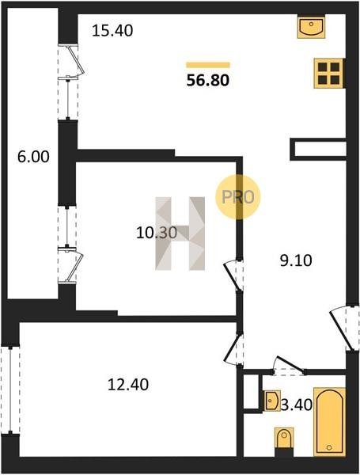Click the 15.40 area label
click(x=112, y=31)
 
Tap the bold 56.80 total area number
click(x=208, y=80)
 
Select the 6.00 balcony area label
click(x=33, y=157)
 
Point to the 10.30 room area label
click(x=157, y=233)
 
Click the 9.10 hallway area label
click(x=296, y=260)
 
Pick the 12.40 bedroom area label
click(x=128, y=385)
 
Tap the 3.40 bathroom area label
click(x=297, y=405)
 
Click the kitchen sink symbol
click(x=311, y=27)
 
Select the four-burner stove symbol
click(x=328, y=74)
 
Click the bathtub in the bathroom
click(x=329, y=421)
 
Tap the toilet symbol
click(x=284, y=438)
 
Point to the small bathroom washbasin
click(x=272, y=401)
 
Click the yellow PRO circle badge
click(x=238, y=197)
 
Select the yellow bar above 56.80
click(x=208, y=65)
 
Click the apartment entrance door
click(x=343, y=329)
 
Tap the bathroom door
click(x=289, y=365)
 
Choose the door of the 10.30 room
click(x=233, y=275)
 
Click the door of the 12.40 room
click(x=234, y=349)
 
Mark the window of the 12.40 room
click(x=10, y=391)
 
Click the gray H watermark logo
click(x=180, y=234)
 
